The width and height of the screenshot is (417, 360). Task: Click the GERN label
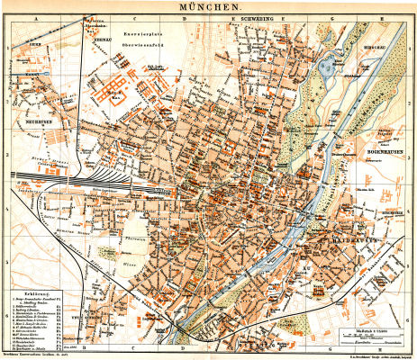point(36,42)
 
